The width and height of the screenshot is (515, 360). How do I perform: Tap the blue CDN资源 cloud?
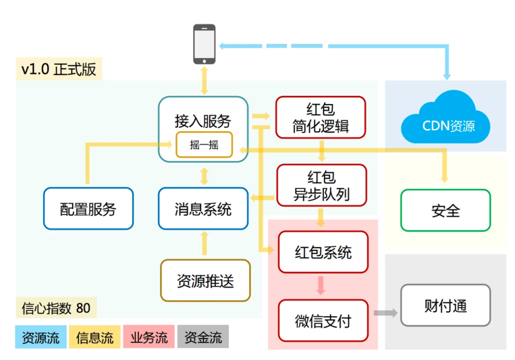[x=446, y=120]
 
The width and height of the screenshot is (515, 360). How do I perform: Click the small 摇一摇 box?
[x=204, y=145]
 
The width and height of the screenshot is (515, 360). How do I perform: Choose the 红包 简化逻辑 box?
[x=320, y=118]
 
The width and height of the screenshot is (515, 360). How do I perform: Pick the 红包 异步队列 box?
[x=321, y=185]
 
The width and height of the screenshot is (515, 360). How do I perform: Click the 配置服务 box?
[x=88, y=209]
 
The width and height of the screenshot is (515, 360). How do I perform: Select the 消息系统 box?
[x=203, y=209]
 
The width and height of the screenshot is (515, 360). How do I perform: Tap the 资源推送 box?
[x=206, y=280]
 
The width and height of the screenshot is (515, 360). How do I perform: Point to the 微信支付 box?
[x=323, y=320]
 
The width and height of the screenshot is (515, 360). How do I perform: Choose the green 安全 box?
[x=445, y=210]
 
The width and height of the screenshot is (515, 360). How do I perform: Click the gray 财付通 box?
[x=445, y=305]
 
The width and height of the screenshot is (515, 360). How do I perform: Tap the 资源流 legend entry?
[x=41, y=338]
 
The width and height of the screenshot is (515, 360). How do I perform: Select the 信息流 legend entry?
[x=94, y=338]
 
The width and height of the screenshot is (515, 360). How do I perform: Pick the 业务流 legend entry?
[x=149, y=338]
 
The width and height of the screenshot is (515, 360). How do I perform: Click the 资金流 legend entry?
[x=203, y=338]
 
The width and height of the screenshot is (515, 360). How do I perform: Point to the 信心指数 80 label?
[x=56, y=308]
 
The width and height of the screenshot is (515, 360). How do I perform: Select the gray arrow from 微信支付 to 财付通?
[x=385, y=313]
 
